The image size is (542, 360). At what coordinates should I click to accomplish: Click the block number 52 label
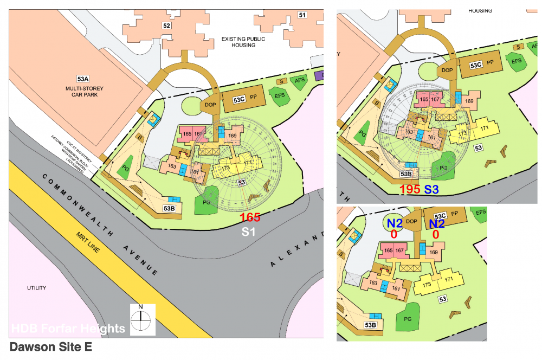(167, 25)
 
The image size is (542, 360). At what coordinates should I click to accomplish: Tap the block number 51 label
(302, 15)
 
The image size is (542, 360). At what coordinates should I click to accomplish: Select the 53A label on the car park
(84, 78)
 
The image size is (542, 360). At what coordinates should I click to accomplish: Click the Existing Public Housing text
(243, 42)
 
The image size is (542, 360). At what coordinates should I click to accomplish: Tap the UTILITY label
(37, 288)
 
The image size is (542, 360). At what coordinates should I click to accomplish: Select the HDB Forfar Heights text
(68, 329)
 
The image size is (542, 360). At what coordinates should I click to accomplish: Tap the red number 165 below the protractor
(250, 217)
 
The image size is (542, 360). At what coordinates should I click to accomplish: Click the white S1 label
(248, 232)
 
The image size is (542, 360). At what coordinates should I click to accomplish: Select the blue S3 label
(432, 190)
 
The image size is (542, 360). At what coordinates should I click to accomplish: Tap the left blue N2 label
(394, 224)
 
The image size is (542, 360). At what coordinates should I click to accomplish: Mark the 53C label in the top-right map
(476, 65)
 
